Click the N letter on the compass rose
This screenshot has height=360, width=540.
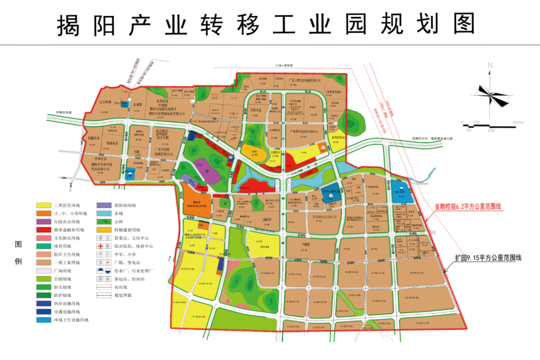click(490, 65)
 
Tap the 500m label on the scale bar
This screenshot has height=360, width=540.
click(517, 122)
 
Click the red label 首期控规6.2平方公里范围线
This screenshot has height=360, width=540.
click(467, 205)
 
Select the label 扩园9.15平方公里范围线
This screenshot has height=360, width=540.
click(488, 258)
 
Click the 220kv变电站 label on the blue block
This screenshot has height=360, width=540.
click(330, 191)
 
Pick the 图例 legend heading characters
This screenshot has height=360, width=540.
click(18, 252)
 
